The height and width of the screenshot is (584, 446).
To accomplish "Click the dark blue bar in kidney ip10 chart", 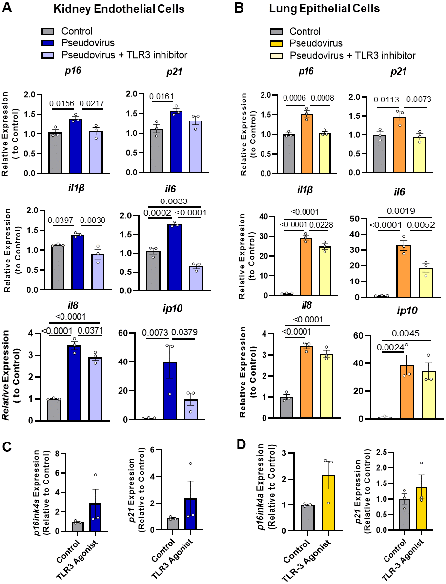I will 169,390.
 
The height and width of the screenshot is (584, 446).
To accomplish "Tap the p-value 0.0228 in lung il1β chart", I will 321,223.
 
